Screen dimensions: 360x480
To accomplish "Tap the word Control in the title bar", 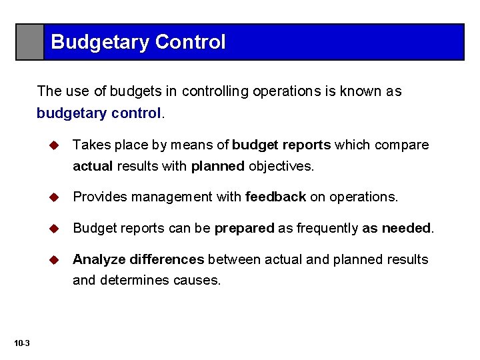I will coord(190,43).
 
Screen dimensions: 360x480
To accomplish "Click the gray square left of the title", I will coord(30,42).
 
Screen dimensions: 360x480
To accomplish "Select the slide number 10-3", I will coord(21,343).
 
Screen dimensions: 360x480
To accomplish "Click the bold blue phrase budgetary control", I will coord(99,113).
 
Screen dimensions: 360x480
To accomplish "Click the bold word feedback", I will coord(275,197).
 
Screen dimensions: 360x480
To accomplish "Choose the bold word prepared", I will coord(244,228).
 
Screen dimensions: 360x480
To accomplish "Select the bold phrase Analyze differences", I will coord(138,259).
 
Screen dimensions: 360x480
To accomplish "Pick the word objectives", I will coord(281,165).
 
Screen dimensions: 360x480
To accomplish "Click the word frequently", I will coord(325,228).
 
